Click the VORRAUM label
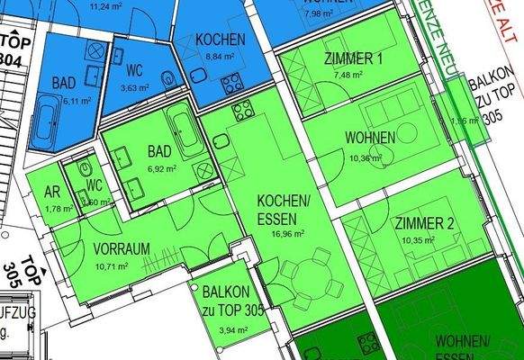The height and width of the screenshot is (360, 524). (x=122, y=249)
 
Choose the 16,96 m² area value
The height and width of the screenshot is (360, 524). (x=285, y=231)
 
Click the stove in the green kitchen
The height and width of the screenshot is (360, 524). (x=244, y=112)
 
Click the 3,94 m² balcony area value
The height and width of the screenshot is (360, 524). (x=226, y=329)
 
